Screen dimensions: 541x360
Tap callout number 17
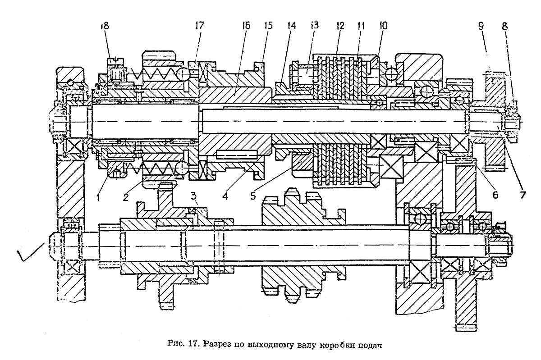coord(200,25)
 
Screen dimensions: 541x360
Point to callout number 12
coord(339,26)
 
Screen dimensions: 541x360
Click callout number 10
coord(383,26)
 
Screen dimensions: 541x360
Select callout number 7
coord(523,195)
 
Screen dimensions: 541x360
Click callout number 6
coord(495,195)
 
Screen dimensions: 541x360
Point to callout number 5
coord(253,196)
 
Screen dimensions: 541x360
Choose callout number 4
coord(225,196)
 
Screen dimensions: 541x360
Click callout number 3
coord(194,196)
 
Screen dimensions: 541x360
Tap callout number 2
coord(126,197)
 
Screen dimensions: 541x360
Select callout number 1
coord(98,197)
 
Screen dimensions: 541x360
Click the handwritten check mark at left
coord(31,252)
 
